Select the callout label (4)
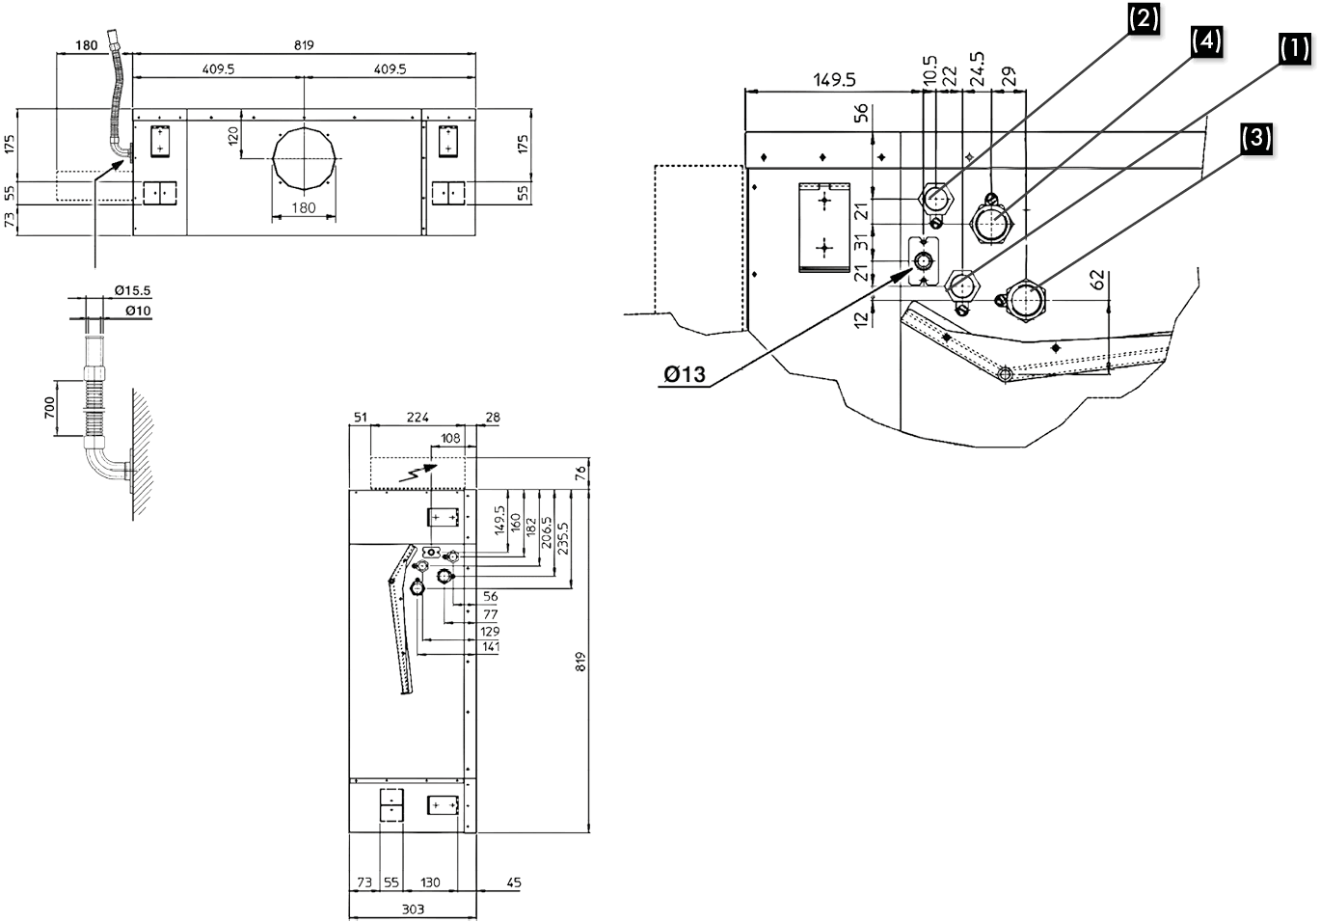point(1205,41)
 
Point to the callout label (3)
point(1254,137)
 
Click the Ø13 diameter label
point(686,374)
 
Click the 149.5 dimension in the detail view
point(834,80)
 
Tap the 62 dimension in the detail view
point(1096,281)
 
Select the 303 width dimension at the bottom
point(412,909)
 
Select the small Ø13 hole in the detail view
point(924,261)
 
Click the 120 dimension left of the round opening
point(232,135)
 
